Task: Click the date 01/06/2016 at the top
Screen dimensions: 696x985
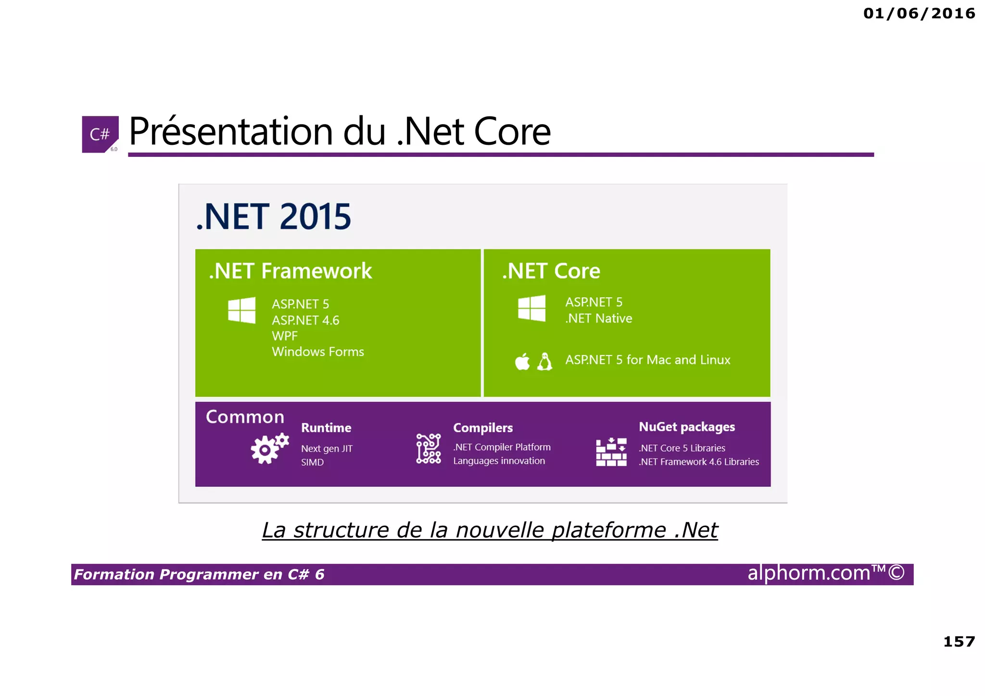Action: [919, 13]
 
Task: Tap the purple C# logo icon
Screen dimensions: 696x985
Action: [100, 134]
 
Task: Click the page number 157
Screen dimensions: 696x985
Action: [959, 642]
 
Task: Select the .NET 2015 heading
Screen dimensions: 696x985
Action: [274, 217]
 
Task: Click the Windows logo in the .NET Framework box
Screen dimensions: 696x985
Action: [241, 310]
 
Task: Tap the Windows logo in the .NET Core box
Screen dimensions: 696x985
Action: [531, 308]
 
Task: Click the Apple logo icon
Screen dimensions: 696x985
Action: [522, 362]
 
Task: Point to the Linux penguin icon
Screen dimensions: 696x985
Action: [544, 362]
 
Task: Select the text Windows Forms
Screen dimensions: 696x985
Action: [318, 352]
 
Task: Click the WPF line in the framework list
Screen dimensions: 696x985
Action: [285, 336]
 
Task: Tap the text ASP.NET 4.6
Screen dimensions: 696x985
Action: [305, 320]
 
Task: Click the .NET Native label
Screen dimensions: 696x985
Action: [599, 318]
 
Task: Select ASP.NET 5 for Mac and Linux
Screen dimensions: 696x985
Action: [647, 360]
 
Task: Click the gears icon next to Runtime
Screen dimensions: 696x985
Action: [269, 448]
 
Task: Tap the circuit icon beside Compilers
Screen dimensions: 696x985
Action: [428, 449]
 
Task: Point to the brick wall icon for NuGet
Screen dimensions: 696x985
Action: [611, 452]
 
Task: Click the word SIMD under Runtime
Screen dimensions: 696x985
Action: [312, 462]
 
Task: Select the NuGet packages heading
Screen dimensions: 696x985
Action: [686, 427]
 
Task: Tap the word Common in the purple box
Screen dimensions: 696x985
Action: [245, 417]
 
